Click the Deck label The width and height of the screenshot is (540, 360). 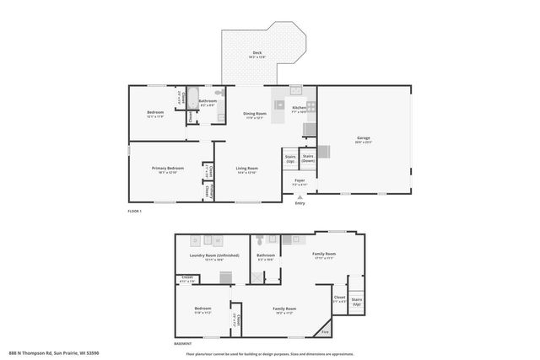pyautogui.click(x=256, y=54)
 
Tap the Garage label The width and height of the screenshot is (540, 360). pyautogui.click(x=364, y=139)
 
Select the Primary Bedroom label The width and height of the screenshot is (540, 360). pyautogui.click(x=168, y=169)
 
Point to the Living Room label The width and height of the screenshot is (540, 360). pyautogui.click(x=246, y=169)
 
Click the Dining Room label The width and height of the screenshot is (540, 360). pyautogui.click(x=255, y=116)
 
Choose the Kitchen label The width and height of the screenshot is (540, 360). pyautogui.click(x=299, y=109)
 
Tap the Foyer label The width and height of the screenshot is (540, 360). pyautogui.click(x=300, y=181)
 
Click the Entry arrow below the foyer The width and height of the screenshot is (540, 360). pyautogui.click(x=300, y=198)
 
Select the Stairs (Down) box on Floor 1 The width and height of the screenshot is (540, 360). pyautogui.click(x=309, y=158)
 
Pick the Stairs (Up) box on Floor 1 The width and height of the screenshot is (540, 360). pyautogui.click(x=290, y=158)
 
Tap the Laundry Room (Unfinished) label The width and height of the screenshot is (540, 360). pyautogui.click(x=213, y=256)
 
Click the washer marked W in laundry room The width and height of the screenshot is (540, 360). pyautogui.click(x=216, y=240)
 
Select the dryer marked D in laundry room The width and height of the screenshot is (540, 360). pyautogui.click(x=195, y=240)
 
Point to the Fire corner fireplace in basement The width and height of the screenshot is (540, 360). pyautogui.click(x=325, y=330)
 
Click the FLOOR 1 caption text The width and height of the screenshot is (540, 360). pyautogui.click(x=134, y=211)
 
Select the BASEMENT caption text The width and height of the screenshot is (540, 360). pyautogui.click(x=182, y=342)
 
